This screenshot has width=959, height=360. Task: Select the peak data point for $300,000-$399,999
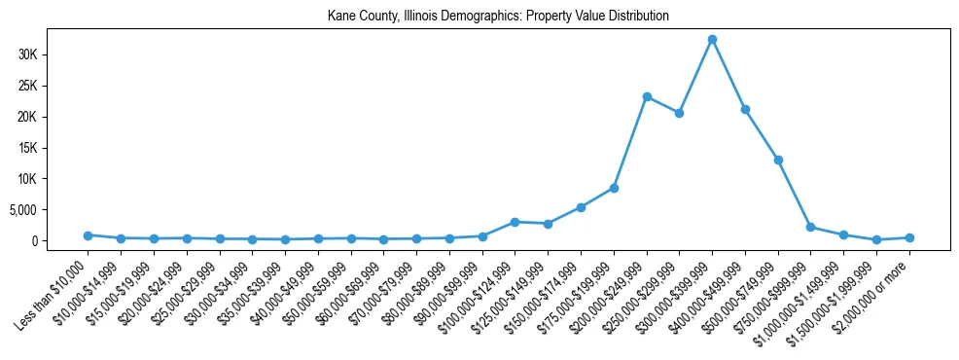coord(712,40)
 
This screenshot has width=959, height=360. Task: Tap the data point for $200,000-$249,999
coord(647,97)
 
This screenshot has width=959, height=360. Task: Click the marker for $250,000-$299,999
coord(680,113)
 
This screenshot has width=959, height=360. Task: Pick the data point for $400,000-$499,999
coord(745,109)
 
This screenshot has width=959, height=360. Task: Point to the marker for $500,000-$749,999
coord(778,160)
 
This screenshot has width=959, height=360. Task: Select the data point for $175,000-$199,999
coord(614,188)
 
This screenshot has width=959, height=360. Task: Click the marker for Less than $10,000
coord(88,235)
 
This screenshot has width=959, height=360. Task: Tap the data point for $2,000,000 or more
coord(909,237)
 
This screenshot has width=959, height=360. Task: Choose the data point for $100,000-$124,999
coord(515,222)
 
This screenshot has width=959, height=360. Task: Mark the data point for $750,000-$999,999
coord(811,227)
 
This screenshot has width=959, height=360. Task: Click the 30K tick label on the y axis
coord(27,54)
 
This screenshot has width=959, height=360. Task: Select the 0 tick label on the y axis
coord(33,241)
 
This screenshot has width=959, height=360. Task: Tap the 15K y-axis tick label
coord(27,148)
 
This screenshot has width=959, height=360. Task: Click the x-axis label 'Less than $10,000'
coord(54,290)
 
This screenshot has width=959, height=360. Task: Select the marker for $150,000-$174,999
coord(581,207)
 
